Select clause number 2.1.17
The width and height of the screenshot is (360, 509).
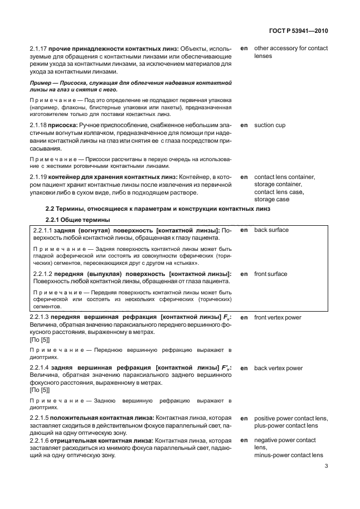click(37, 49)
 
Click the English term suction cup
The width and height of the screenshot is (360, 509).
click(270, 125)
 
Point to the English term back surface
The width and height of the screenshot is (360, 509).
click(271, 230)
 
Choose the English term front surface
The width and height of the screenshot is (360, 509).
click(271, 274)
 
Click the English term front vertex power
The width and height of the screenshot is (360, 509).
click(278, 317)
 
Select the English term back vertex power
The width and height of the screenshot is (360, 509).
click(278, 368)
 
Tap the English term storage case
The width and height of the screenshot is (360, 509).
click(272, 199)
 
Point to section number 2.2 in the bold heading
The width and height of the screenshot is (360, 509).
click(50, 209)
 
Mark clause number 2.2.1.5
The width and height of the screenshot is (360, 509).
click(40, 418)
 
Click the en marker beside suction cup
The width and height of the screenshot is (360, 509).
click(244, 125)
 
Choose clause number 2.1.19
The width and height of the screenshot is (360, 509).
click(37, 177)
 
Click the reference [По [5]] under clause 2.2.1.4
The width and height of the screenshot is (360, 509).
click(40, 391)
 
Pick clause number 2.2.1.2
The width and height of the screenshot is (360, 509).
click(42, 274)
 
